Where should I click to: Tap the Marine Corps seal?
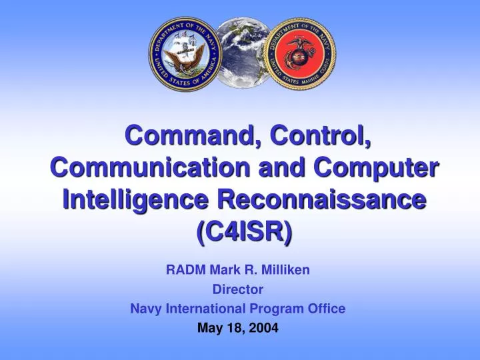(x=300, y=53)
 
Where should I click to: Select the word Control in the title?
(x=321, y=137)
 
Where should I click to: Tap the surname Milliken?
(x=287, y=270)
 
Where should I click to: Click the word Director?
(x=238, y=289)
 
